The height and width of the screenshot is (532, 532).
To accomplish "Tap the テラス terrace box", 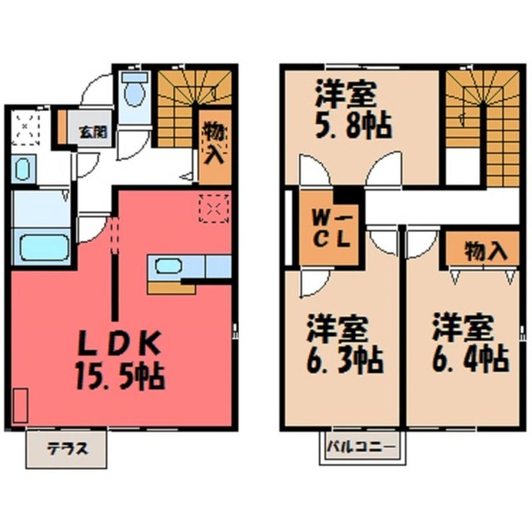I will coord(66,448).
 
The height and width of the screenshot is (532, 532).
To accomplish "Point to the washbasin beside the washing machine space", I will coord(22,169).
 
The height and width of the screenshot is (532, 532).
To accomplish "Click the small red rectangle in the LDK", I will coord(20,405).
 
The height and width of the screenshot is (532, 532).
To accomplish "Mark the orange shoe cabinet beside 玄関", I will coord(63,128).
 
